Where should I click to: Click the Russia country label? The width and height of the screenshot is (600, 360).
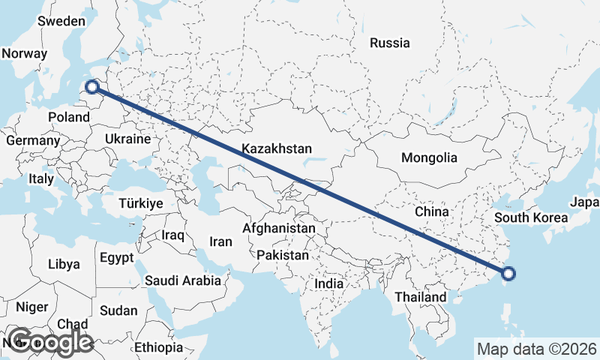click(390, 43)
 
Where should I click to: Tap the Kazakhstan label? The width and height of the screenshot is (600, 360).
click(277, 149)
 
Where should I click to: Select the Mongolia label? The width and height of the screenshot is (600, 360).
click(429, 157)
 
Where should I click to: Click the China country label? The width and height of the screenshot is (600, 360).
click(431, 211)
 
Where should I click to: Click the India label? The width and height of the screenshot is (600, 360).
click(328, 284)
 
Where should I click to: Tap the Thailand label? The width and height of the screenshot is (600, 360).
click(421, 297)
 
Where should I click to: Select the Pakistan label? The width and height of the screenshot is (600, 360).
click(282, 256)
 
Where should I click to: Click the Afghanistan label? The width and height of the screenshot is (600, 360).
click(279, 227)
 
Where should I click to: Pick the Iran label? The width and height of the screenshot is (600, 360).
click(220, 241)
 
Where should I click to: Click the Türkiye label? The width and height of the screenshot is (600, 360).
click(141, 203)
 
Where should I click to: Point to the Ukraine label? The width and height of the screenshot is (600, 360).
click(128, 139)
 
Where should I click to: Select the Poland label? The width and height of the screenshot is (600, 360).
click(69, 117)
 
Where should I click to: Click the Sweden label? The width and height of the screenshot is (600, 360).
click(61, 21)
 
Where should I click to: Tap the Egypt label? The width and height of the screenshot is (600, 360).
click(116, 258)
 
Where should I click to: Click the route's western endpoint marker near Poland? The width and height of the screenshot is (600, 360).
click(92, 87)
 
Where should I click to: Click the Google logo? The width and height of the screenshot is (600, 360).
click(49, 342)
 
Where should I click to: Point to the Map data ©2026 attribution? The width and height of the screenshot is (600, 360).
click(536, 349)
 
